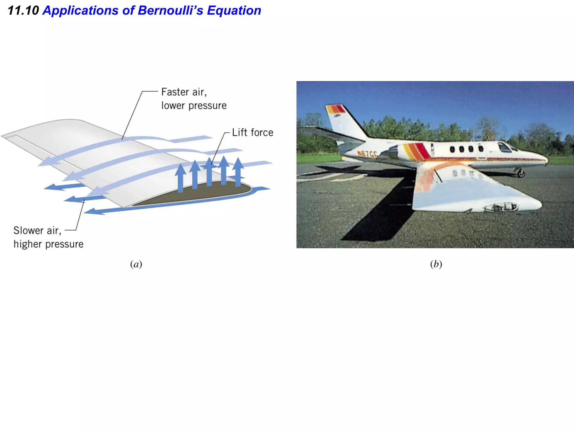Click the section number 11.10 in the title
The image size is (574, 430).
(23, 11)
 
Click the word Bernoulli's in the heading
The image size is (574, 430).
(170, 11)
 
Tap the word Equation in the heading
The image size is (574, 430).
(234, 11)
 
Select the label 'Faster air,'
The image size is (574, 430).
(184, 92)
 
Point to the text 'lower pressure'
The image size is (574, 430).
(194, 106)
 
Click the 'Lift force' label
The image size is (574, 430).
(253, 132)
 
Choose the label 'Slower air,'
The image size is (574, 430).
(37, 231)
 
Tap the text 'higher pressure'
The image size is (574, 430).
(48, 244)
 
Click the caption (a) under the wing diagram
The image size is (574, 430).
(136, 264)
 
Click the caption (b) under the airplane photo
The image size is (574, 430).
(436, 264)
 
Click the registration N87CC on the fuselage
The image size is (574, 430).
(367, 154)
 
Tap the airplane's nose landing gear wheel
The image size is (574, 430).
(521, 174)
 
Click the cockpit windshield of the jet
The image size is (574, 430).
(504, 147)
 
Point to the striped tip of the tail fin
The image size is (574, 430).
(335, 109)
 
